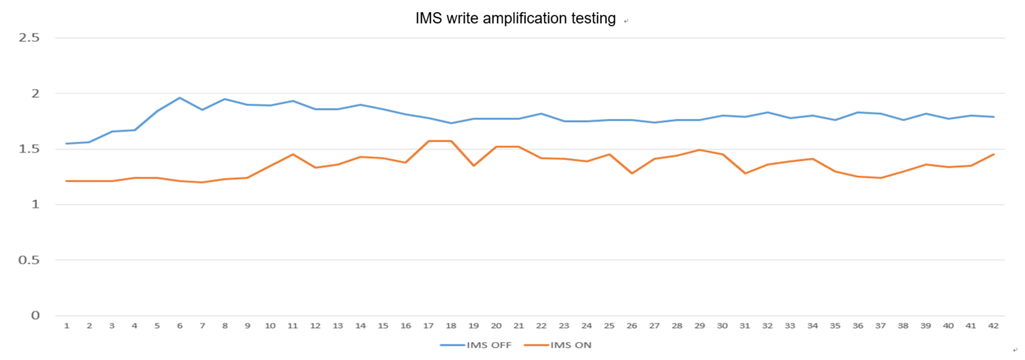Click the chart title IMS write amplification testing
(x=516, y=19)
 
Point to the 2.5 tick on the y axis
(x=29, y=37)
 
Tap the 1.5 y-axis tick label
(x=29, y=149)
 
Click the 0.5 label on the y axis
(x=29, y=260)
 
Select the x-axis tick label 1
(x=67, y=326)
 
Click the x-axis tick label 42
(x=993, y=326)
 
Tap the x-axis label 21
(x=519, y=326)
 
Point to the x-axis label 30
(x=722, y=326)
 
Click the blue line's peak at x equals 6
(x=180, y=98)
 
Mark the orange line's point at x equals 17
(x=428, y=141)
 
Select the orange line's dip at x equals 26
(x=631, y=173)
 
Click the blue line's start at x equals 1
(x=67, y=143)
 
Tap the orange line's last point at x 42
(x=993, y=154)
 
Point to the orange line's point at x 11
(x=292, y=154)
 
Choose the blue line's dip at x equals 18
(x=451, y=123)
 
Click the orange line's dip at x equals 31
(x=745, y=173)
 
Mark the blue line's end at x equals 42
(x=993, y=117)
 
